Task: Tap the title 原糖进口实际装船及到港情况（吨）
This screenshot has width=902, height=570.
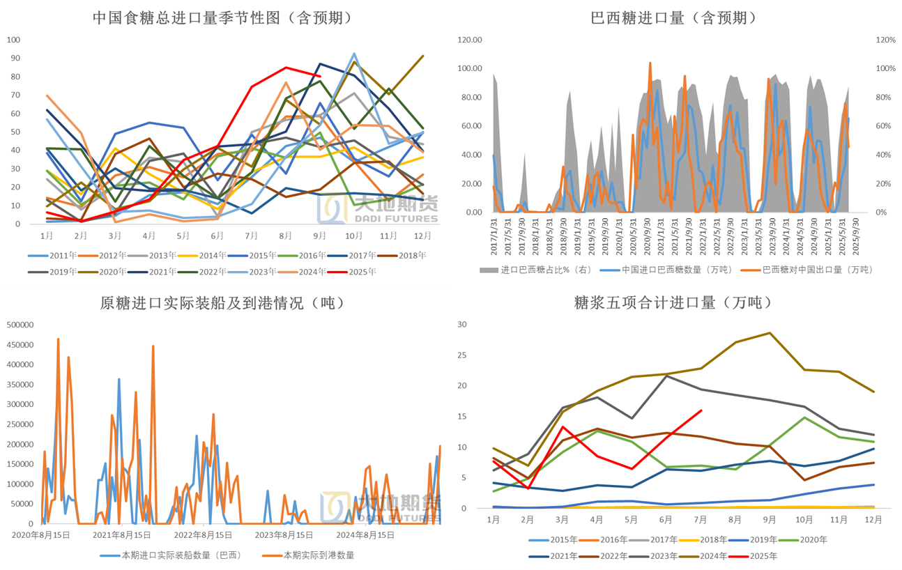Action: (x=222, y=304)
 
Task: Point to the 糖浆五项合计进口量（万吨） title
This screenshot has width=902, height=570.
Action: (x=673, y=302)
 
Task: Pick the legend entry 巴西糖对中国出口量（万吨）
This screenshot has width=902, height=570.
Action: (x=818, y=269)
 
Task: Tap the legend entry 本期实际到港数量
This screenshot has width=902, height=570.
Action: (x=318, y=555)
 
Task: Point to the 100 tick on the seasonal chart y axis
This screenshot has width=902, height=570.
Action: (x=13, y=40)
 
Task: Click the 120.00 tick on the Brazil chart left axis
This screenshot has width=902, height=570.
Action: (x=469, y=40)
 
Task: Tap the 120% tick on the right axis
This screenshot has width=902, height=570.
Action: (x=885, y=40)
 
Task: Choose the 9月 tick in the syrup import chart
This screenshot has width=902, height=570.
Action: (x=770, y=520)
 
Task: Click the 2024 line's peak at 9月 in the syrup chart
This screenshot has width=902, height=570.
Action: (x=770, y=333)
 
